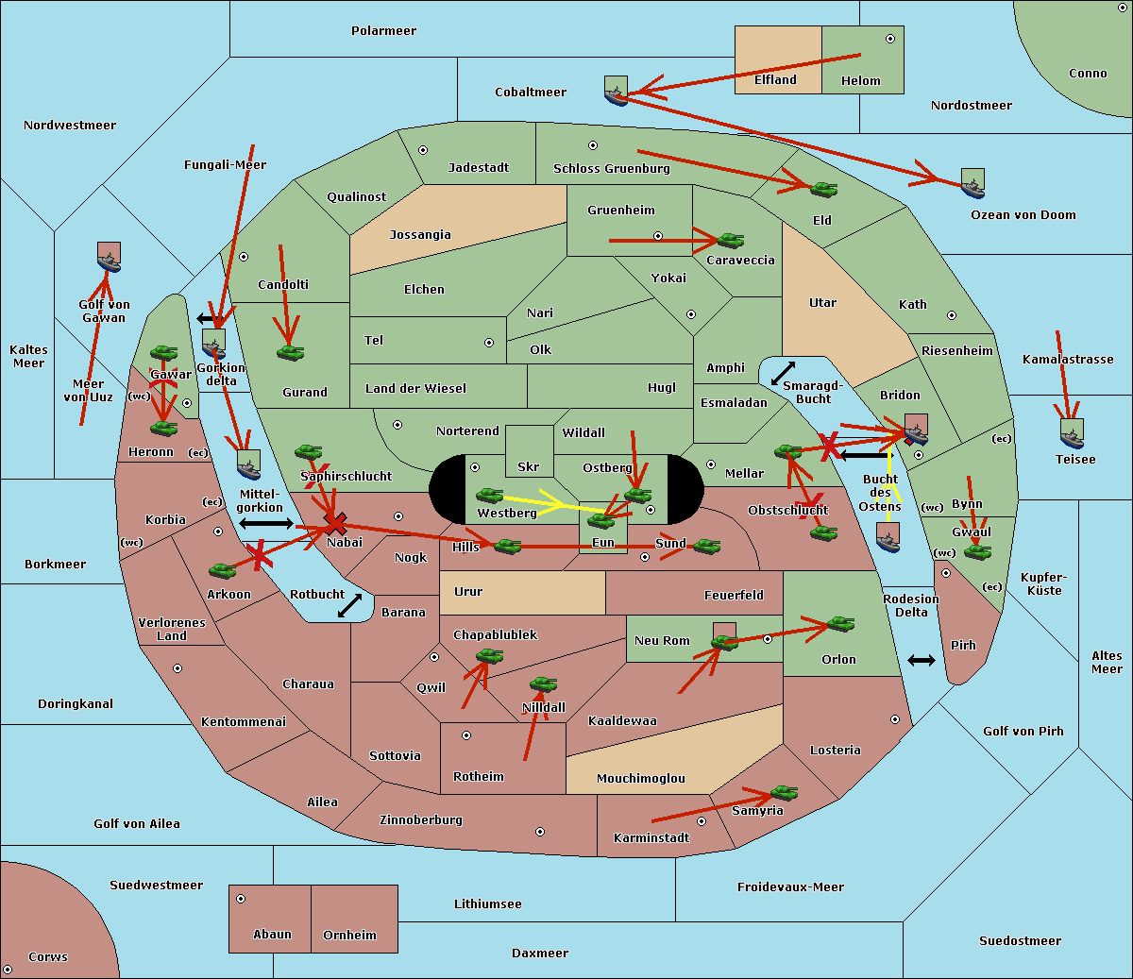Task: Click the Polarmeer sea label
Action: (x=383, y=31)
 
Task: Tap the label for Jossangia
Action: (x=420, y=235)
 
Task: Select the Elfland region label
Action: (x=775, y=80)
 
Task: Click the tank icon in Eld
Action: (x=823, y=189)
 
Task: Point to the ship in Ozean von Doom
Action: (x=972, y=183)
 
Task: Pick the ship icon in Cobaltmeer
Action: (x=616, y=91)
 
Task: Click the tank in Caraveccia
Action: (x=730, y=241)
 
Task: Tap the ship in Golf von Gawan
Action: (x=110, y=257)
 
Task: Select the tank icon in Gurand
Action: (x=290, y=353)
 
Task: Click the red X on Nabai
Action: (x=334, y=523)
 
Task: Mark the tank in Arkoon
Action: (x=222, y=570)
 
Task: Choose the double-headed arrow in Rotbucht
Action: (x=349, y=606)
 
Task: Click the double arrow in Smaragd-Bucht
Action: (x=783, y=373)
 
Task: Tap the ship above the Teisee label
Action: (x=1072, y=433)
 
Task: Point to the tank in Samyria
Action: (x=784, y=792)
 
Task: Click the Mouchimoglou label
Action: (x=641, y=779)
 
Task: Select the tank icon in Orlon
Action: (x=839, y=624)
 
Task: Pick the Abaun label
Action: (x=272, y=935)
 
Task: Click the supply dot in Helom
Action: (x=889, y=39)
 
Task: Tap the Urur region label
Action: (x=468, y=592)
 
